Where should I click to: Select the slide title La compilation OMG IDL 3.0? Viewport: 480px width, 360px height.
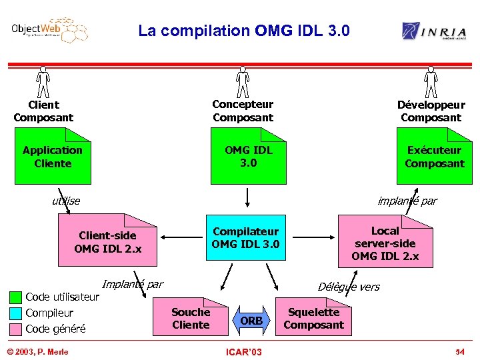click(x=243, y=31)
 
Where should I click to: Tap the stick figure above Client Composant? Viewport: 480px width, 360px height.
click(x=43, y=82)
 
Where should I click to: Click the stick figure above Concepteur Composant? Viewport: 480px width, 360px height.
click(x=243, y=82)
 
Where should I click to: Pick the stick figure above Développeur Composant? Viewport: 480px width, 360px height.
click(x=431, y=82)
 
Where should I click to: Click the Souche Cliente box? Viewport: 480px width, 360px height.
click(x=191, y=319)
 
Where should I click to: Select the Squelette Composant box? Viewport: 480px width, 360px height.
click(x=313, y=319)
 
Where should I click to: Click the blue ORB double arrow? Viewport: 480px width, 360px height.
click(x=251, y=321)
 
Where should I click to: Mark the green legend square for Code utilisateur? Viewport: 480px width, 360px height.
click(x=15, y=297)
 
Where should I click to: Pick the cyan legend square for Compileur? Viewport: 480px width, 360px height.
click(x=15, y=313)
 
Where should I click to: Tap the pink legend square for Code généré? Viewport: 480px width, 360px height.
click(x=15, y=329)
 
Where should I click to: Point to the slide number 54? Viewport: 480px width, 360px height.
click(x=459, y=351)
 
